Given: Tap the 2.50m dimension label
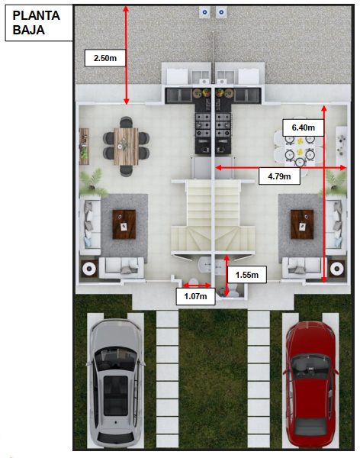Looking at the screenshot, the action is (x=105, y=58).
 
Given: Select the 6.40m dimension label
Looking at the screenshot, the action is (x=304, y=127).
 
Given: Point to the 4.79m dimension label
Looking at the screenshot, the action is (x=279, y=176).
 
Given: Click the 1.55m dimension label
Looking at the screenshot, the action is (x=247, y=275).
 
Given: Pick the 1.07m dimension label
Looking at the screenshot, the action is (x=195, y=296).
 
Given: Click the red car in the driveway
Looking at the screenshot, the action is (x=310, y=385).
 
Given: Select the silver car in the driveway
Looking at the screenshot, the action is (x=116, y=383).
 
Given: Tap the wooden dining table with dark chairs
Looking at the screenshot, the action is (x=126, y=147).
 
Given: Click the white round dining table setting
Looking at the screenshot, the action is (x=299, y=150).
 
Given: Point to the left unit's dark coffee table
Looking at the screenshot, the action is (x=124, y=224).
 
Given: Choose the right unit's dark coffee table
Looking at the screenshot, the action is (x=302, y=224).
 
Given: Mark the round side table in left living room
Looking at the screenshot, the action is (x=89, y=269).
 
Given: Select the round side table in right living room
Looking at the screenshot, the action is (x=337, y=269).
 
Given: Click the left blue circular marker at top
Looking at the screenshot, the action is (x=204, y=12).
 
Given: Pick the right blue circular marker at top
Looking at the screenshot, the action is (x=221, y=12).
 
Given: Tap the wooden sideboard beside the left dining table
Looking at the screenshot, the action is (x=84, y=147).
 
